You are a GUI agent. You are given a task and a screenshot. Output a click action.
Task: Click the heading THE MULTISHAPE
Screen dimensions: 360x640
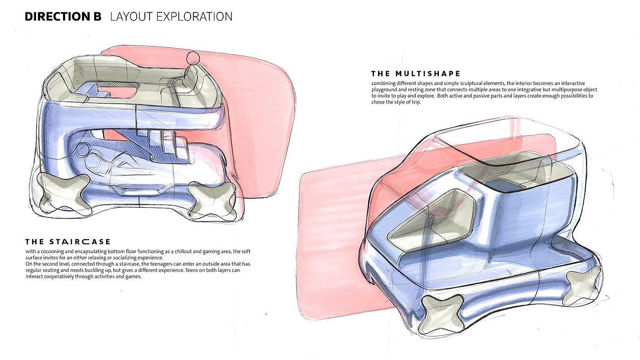pos(416,74)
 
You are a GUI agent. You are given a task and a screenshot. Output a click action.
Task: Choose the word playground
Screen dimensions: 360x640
pos(387,90)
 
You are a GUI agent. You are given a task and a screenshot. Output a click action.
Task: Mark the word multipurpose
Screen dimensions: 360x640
pos(561,90)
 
